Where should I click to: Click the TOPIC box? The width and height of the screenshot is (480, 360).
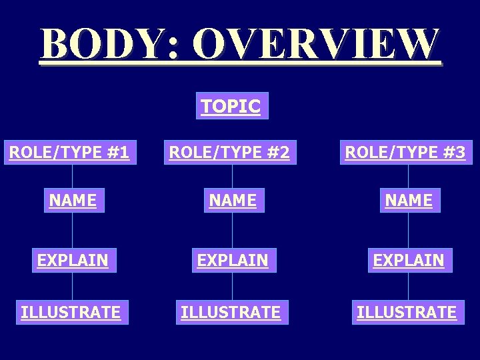pyautogui.click(x=231, y=106)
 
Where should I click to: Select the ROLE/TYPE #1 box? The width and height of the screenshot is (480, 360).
pyautogui.click(x=69, y=153)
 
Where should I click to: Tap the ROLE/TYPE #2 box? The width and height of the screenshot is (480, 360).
pyautogui.click(x=229, y=153)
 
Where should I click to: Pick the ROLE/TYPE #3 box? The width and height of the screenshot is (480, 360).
pyautogui.click(x=405, y=153)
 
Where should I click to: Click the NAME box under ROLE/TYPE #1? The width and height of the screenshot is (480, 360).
pyautogui.click(x=73, y=200)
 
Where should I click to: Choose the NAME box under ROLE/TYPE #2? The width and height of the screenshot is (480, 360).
pyautogui.click(x=233, y=200)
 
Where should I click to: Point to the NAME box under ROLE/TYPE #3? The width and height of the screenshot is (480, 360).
pyautogui.click(x=409, y=200)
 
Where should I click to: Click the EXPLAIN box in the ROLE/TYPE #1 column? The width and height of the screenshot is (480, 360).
pyautogui.click(x=73, y=260)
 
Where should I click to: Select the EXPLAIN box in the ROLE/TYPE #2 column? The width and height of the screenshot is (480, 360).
pyautogui.click(x=233, y=260)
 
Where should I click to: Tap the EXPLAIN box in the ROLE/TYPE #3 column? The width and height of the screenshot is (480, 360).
pyautogui.click(x=409, y=260)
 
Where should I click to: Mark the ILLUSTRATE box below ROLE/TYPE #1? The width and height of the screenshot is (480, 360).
pyautogui.click(x=71, y=311)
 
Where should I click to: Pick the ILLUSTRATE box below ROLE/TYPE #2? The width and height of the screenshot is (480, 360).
pyautogui.click(x=231, y=311)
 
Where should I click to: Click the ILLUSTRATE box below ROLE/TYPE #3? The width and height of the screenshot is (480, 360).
pyautogui.click(x=407, y=311)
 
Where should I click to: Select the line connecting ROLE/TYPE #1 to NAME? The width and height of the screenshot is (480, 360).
pyautogui.click(x=73, y=176)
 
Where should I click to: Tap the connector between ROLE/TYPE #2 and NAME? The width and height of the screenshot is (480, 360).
pyautogui.click(x=233, y=176)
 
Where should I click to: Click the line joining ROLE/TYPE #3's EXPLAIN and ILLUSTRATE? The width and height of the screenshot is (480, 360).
pyautogui.click(x=409, y=285)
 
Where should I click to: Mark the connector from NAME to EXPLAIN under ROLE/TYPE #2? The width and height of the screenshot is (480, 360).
pyautogui.click(x=233, y=230)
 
